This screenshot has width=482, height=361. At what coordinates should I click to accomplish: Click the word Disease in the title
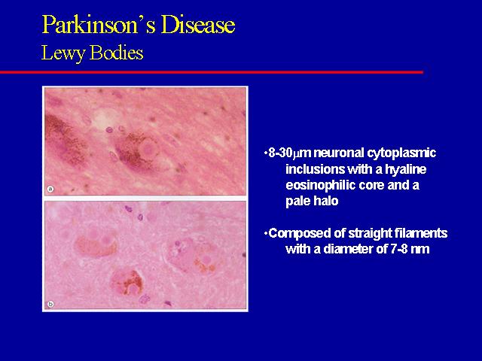coord(198,24)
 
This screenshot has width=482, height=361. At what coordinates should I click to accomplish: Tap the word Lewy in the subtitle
coord(63,53)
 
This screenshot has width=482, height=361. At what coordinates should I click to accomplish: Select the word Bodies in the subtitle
coord(117,53)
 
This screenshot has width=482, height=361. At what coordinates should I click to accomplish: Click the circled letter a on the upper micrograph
coord(50,189)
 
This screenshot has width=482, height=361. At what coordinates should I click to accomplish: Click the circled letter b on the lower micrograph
coord(50,304)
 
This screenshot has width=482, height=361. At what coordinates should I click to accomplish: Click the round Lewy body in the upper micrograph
coord(148,149)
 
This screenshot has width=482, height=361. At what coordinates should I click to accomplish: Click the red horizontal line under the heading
coord(212,72)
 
